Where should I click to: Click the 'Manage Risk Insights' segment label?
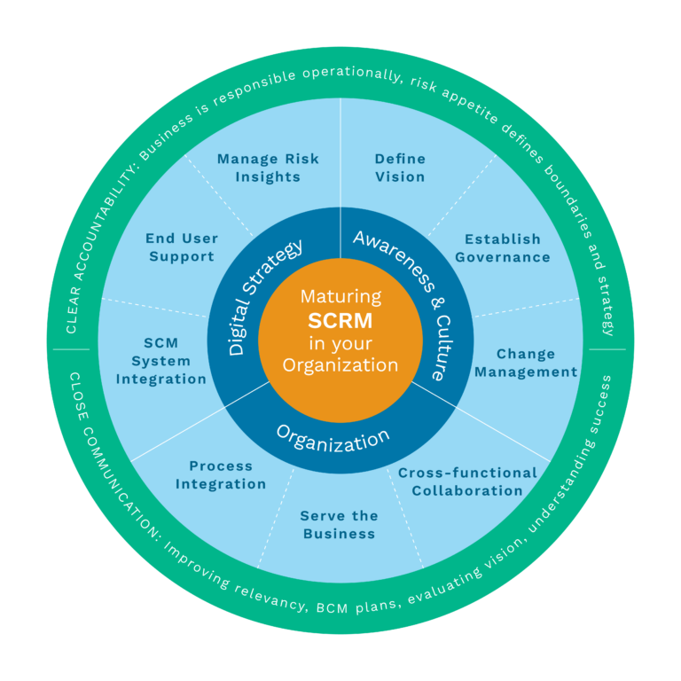point(268,168)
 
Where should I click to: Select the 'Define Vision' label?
point(400,168)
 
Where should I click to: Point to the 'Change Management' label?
point(526,364)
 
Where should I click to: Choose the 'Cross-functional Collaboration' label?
point(467,481)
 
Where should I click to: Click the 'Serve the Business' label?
point(339,525)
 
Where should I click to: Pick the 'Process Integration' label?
point(221,475)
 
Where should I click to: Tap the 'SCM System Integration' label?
point(160,361)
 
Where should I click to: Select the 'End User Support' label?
point(182,247)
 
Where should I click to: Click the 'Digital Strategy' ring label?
point(254,297)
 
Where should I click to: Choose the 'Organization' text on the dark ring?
point(333,437)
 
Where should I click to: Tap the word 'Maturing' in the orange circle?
point(340,296)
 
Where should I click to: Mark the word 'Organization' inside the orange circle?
point(340,364)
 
